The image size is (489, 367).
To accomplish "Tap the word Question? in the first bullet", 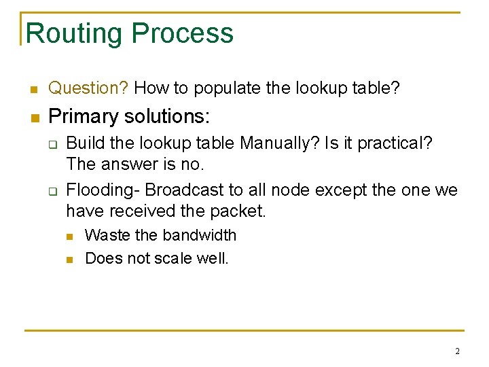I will (89, 88).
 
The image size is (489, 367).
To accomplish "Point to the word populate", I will (228, 88).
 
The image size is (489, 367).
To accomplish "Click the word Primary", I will (80, 116).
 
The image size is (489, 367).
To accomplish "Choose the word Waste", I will (107, 235).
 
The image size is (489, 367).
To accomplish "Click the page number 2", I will (457, 351).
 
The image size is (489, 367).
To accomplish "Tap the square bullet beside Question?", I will (32, 89).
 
